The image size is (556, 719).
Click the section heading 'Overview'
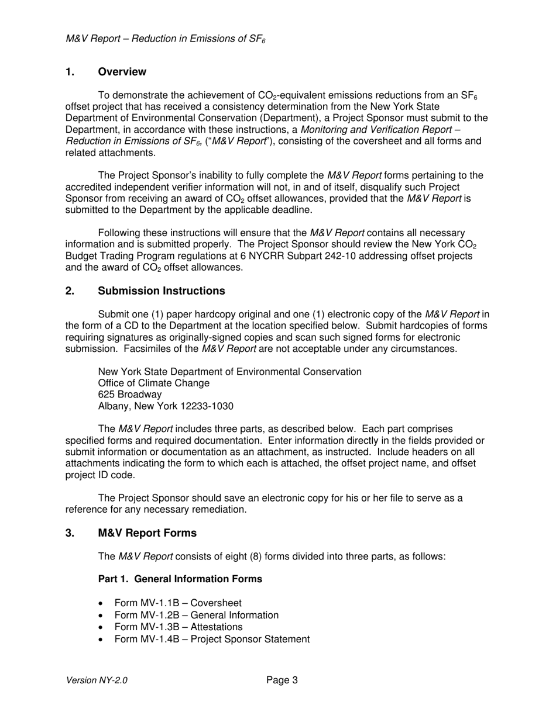[122, 72]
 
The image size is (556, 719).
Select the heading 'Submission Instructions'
[161, 291]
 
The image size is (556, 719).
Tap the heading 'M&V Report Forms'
[147, 533]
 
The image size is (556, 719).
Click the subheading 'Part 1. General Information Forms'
[180, 579]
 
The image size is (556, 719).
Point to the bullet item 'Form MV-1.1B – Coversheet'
[177, 603]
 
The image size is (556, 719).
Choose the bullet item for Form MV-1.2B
[196, 615]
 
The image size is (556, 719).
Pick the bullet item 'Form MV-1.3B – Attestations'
[178, 627]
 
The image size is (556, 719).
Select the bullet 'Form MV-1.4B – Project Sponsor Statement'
[212, 639]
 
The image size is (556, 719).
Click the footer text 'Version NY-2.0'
[97, 680]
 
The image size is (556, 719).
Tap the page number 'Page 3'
[282, 680]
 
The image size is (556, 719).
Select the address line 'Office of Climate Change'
[153, 383]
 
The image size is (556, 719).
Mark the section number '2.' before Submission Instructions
[70, 291]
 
